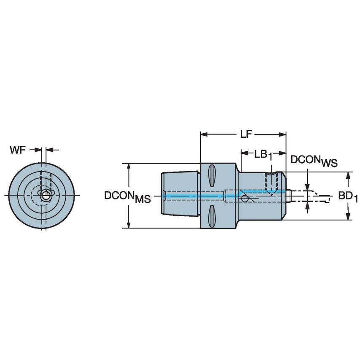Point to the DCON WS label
[314, 161]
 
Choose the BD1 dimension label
[348, 196]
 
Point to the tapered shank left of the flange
[180, 196]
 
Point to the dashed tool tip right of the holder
[316, 196]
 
